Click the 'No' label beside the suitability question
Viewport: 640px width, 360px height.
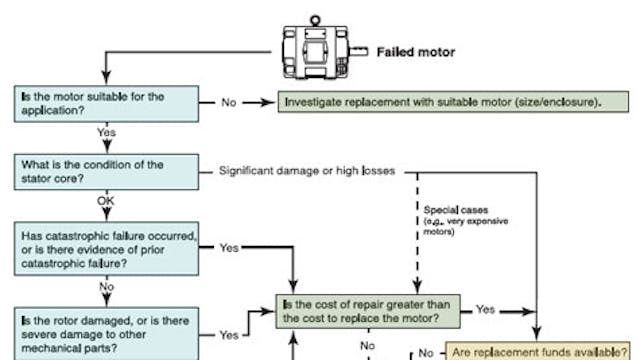click(x=230, y=102)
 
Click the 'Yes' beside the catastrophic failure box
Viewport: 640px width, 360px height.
click(x=229, y=246)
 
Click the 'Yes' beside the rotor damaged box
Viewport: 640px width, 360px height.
click(x=229, y=333)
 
